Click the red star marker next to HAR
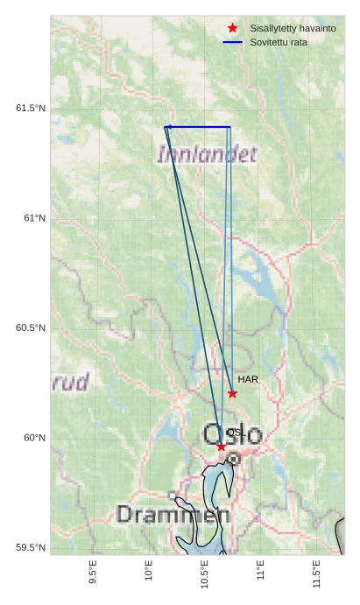click(232, 394)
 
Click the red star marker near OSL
click(221, 447)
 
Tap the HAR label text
click(248, 379)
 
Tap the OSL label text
click(235, 433)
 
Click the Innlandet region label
click(207, 155)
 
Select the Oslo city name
click(232, 434)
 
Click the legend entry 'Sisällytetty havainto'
click(293, 28)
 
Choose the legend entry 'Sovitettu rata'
click(279, 42)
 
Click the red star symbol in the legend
click(232, 28)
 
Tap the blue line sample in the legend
click(232, 42)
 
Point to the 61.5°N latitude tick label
click(31, 108)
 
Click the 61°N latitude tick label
click(34, 218)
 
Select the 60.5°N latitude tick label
click(31, 328)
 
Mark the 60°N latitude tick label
click(34, 438)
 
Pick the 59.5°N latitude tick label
click(31, 548)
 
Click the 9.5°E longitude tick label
click(93, 573)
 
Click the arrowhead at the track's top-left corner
click(166, 127)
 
